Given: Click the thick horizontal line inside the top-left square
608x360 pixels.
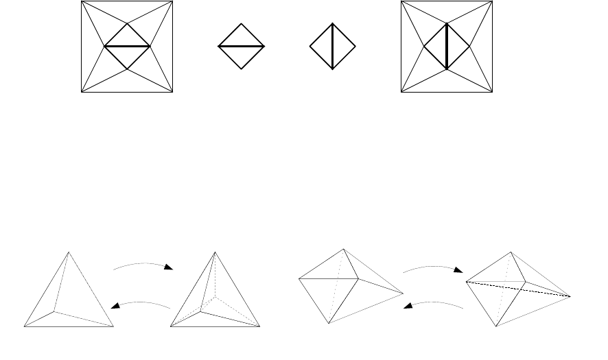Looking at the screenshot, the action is coord(127,46).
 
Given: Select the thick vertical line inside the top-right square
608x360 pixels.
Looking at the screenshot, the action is coord(447,46).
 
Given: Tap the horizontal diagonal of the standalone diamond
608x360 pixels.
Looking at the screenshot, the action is coord(241,46).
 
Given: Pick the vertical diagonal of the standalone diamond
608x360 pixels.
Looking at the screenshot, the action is coord(333,46).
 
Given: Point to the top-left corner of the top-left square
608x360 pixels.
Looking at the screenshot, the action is coord(82,1).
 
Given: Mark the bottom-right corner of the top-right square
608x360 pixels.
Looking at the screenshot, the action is coord(493,91).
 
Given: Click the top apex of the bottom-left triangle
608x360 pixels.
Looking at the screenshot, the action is coord(68,252).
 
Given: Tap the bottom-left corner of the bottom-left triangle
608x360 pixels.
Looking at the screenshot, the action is coord(25,326).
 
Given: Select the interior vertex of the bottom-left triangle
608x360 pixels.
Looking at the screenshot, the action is coord(55,311).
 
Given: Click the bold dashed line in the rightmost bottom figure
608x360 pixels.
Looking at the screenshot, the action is coord(519,288).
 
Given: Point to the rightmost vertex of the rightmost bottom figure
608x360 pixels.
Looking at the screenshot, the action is coord(571,296).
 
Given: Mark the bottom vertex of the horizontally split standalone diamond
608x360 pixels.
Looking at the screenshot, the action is coord(241,69).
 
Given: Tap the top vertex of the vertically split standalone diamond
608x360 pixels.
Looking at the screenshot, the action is coord(333,23).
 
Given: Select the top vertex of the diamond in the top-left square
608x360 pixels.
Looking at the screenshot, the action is coord(127,23).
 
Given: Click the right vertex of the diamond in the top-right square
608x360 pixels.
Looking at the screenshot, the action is coord(470,46).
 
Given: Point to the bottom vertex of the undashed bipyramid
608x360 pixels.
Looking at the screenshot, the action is coord(329,323).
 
